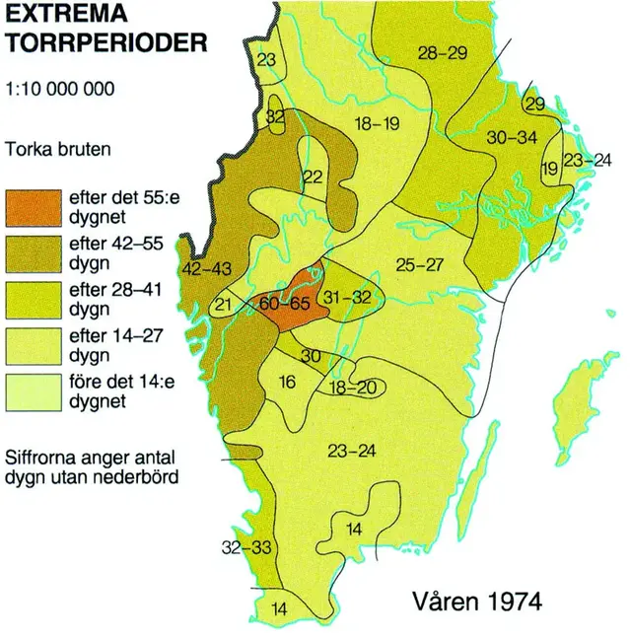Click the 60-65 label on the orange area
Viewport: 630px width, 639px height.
point(285,305)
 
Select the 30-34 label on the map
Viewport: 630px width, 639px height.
point(512,137)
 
